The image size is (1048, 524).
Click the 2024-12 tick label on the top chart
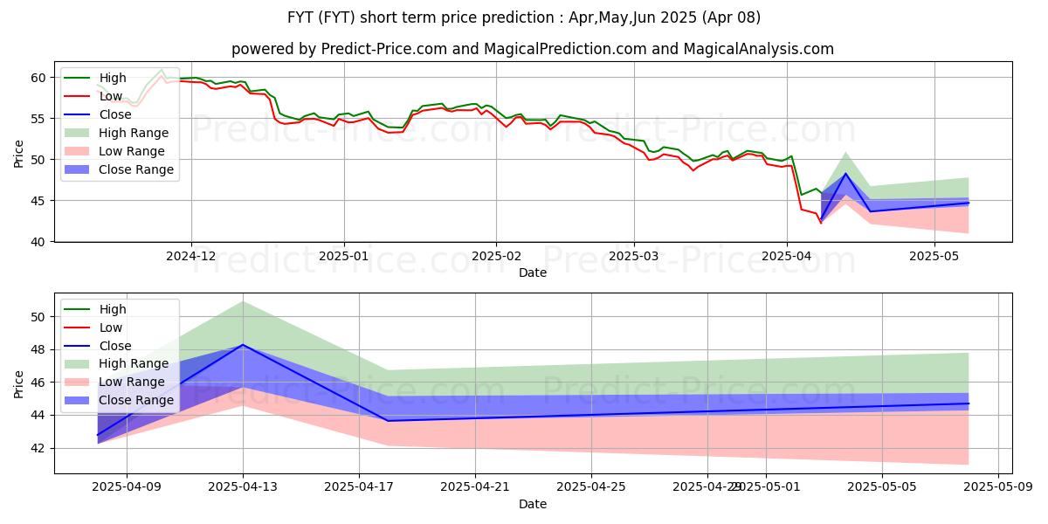click(191, 258)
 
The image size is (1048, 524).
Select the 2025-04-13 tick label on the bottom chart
click(243, 489)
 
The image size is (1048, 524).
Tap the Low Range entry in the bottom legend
click(132, 382)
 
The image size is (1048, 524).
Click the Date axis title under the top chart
click(533, 272)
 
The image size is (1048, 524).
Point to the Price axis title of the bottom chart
click(18, 383)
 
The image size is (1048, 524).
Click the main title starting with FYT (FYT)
click(524, 17)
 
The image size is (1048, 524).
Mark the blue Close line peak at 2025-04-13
click(243, 344)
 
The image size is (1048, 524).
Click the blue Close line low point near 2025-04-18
click(388, 421)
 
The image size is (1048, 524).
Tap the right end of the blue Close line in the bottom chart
click(969, 403)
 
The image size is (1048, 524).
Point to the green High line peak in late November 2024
click(162, 70)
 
